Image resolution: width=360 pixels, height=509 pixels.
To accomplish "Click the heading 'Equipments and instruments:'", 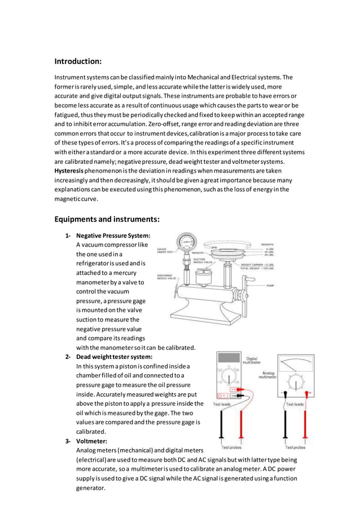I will (107, 219).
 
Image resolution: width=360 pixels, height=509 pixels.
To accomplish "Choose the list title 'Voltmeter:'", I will (92, 441).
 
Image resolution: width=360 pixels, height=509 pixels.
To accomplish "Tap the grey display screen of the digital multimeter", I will (230, 358).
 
